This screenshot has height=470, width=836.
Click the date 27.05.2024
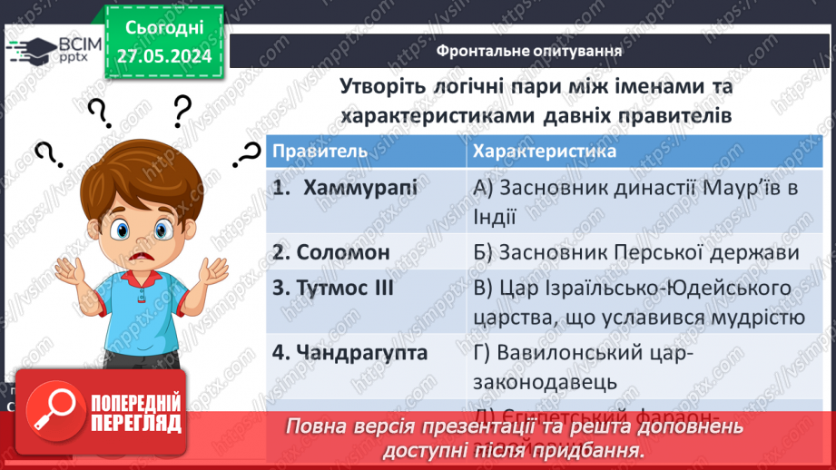[163, 56]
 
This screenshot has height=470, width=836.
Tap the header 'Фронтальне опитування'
[528, 50]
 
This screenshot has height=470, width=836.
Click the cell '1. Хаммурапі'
[347, 189]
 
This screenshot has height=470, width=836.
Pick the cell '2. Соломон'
[331, 252]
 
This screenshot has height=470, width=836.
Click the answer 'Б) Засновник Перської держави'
[635, 252]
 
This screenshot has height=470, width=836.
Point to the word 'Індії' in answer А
[495, 217]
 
